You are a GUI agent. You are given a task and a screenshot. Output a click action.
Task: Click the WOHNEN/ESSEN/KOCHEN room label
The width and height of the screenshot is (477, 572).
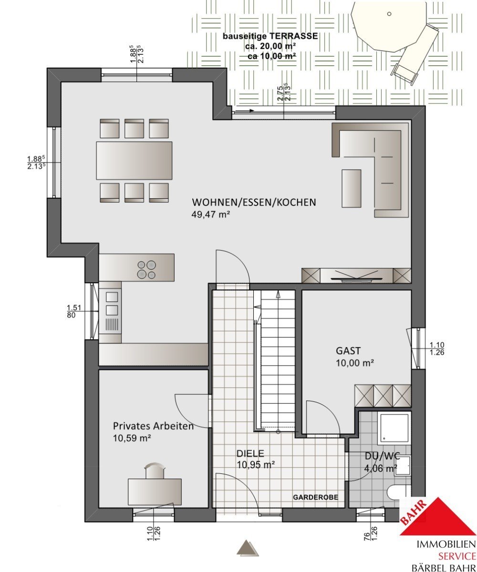point(254,202)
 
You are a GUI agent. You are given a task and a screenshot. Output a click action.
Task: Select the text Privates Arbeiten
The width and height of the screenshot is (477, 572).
point(153,426)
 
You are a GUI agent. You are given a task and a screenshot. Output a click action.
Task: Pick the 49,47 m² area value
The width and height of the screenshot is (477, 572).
point(210,214)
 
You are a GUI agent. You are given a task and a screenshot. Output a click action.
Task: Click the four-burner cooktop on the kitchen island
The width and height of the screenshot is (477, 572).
point(146,270)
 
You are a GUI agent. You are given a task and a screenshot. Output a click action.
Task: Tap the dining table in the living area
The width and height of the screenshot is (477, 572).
point(134,161)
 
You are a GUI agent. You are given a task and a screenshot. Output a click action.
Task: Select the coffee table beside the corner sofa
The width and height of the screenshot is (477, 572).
point(351,188)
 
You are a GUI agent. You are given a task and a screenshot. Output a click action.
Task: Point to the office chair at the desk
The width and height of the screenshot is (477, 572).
point(155,470)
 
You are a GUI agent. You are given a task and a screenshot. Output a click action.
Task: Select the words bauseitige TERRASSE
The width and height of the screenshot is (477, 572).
point(270,36)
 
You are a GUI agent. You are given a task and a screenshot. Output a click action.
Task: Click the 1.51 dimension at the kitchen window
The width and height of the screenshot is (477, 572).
point(74,307)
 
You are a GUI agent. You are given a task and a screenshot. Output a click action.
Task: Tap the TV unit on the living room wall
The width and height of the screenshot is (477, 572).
point(356,276)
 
